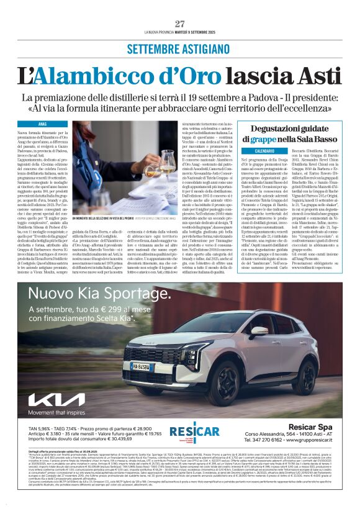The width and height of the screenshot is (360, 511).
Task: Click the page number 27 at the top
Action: [x=180, y=24]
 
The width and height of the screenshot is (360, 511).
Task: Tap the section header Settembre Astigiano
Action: [x=180, y=48]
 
